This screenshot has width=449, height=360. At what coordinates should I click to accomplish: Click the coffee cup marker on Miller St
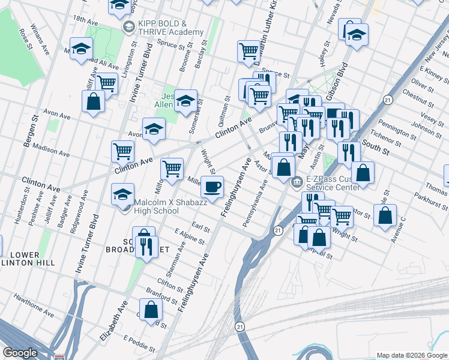pos(212,187)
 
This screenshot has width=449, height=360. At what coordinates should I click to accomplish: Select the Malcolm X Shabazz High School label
pos(156,206)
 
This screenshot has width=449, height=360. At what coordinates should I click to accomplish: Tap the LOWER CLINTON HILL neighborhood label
pos(28,257)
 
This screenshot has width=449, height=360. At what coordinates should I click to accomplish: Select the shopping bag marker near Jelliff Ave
pos(94,101)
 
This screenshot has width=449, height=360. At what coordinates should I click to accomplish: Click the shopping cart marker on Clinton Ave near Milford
pos(172,169)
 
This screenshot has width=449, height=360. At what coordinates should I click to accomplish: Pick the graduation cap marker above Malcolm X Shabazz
pos(122,194)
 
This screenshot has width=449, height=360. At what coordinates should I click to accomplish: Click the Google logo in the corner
pos(20,353)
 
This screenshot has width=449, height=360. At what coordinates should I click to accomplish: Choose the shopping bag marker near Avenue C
pos(385,215)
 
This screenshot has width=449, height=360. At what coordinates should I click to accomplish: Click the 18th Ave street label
pos(85,20)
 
